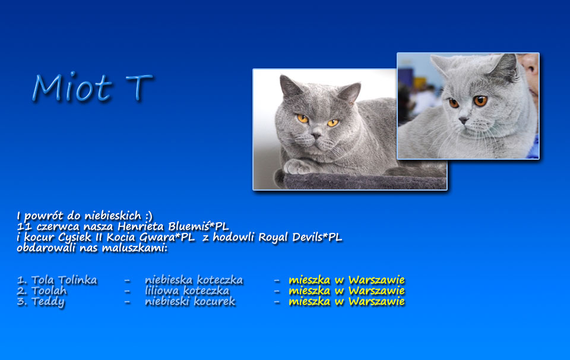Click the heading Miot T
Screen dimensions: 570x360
point(93,87)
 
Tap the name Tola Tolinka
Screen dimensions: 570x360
point(57,280)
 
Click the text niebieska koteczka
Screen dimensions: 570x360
point(194,280)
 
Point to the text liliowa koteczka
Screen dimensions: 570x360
point(187,291)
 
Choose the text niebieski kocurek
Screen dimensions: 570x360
point(190,301)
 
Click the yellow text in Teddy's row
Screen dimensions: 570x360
point(347,301)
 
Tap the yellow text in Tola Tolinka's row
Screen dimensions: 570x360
point(347,280)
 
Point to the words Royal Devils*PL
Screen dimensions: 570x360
point(300,238)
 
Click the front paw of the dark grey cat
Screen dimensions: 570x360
point(298,167)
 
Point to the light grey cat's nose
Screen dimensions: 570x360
point(463,120)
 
